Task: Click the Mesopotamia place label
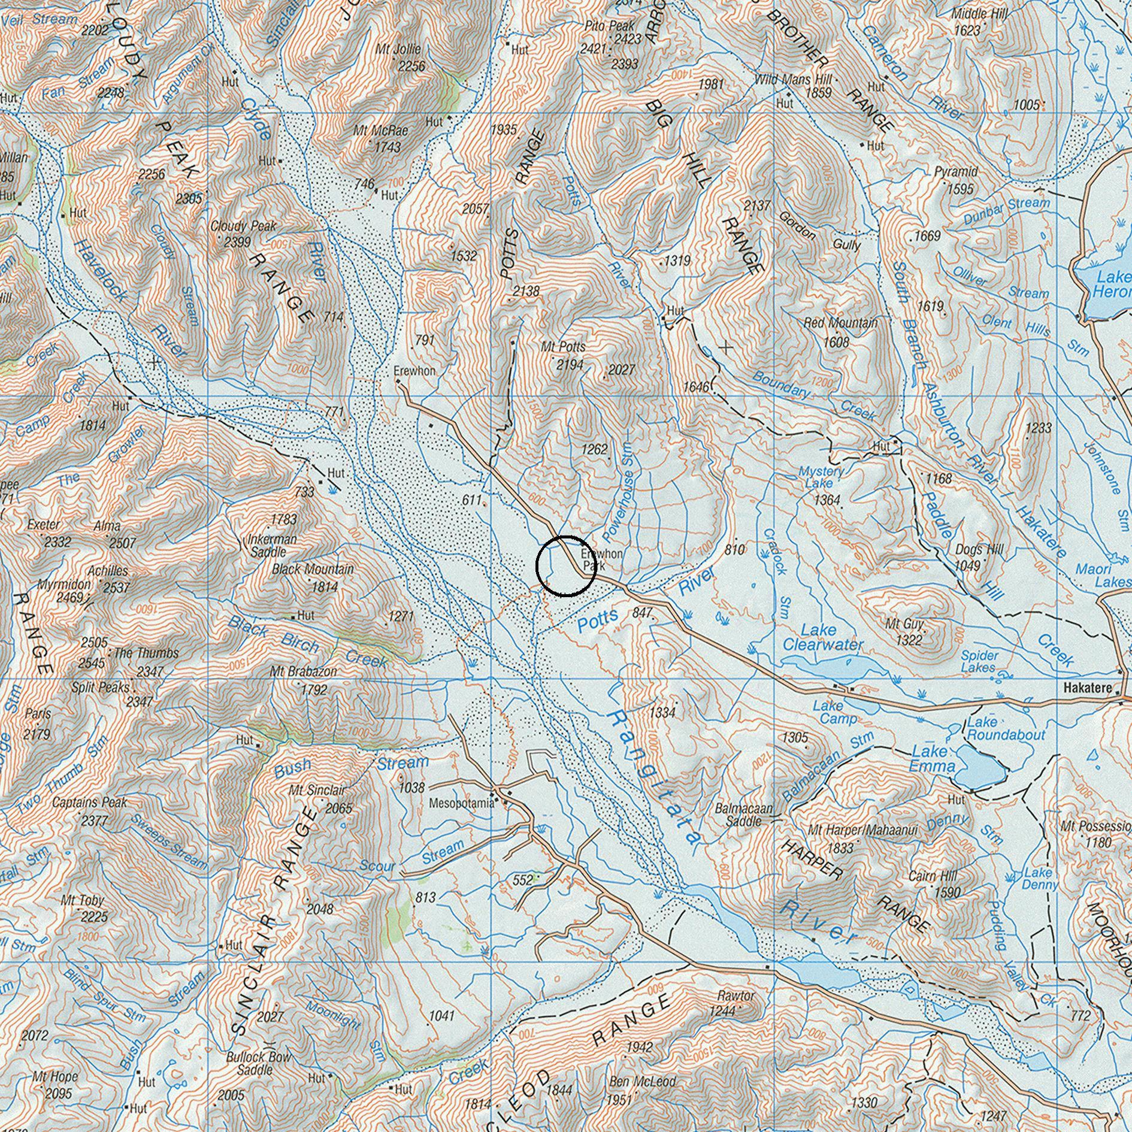coord(461,803)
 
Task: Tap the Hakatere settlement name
coord(1088,689)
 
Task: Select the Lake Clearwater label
coord(822,637)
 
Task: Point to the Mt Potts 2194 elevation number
coord(570,364)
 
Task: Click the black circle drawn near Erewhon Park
coord(565,566)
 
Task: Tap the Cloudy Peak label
coord(243,226)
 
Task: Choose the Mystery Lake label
coord(821,477)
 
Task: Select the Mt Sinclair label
coord(317,791)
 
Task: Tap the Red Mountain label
coord(840,323)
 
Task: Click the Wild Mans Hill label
coord(792,79)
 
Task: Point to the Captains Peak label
coord(90,802)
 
